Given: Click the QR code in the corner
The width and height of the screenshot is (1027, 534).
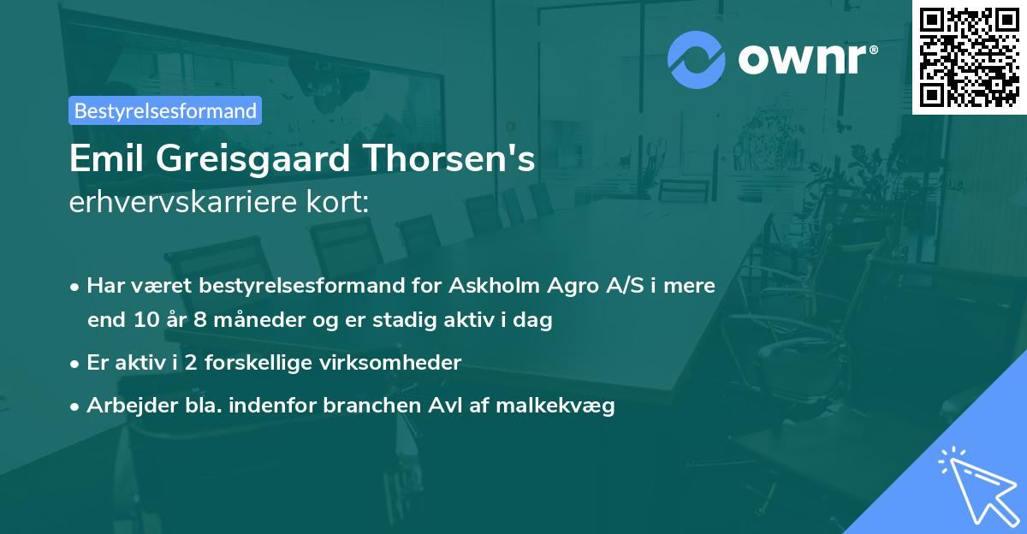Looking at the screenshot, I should click(969, 57).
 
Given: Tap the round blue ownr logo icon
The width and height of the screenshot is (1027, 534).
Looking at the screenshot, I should click(696, 60).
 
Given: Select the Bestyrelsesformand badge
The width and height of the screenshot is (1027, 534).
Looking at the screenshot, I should click(165, 110).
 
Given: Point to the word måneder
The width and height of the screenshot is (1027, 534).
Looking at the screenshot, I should click(245, 321).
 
